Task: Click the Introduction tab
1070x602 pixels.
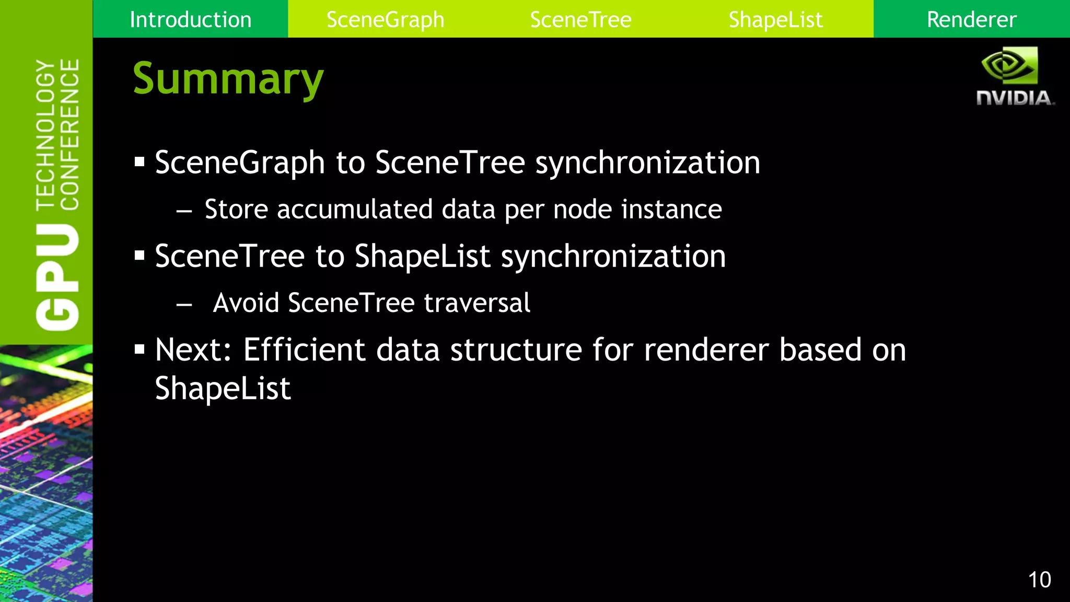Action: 190,20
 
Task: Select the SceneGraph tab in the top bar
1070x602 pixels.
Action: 385,20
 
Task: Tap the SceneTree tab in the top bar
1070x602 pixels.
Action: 580,20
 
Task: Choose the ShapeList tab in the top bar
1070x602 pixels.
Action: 775,20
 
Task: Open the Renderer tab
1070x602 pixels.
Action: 971,20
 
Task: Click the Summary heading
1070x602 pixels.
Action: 228,79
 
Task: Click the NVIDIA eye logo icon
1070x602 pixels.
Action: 1009,65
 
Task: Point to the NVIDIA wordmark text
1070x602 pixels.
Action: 1015,98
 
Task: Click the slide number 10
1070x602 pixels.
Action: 1039,580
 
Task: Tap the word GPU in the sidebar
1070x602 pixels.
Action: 57,277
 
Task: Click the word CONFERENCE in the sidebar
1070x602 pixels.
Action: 69,134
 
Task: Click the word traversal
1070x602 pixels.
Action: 477,303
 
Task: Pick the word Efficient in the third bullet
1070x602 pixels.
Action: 304,350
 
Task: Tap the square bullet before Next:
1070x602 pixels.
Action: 139,349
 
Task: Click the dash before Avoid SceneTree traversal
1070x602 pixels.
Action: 184,304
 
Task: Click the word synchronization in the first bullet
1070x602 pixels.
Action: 647,163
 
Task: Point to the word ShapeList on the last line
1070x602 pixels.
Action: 223,389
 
